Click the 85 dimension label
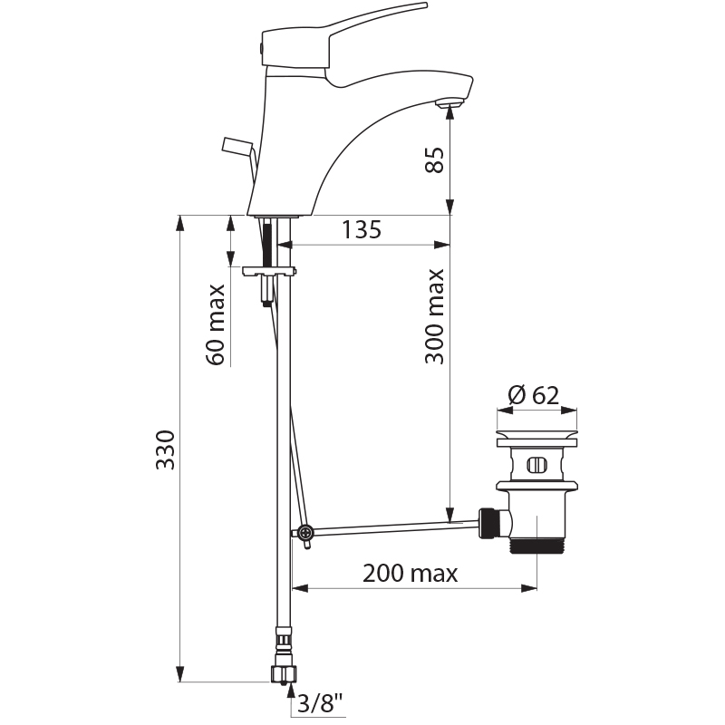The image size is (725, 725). point(436,160)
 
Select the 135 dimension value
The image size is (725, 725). point(361,230)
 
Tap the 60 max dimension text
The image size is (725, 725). point(217,324)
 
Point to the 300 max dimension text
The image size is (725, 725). point(436,316)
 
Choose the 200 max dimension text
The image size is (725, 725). point(410,574)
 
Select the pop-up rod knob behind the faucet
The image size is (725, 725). point(237,145)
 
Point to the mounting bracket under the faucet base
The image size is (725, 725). point(269,270)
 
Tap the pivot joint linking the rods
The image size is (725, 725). point(304,533)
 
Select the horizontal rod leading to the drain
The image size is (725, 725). point(390,526)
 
